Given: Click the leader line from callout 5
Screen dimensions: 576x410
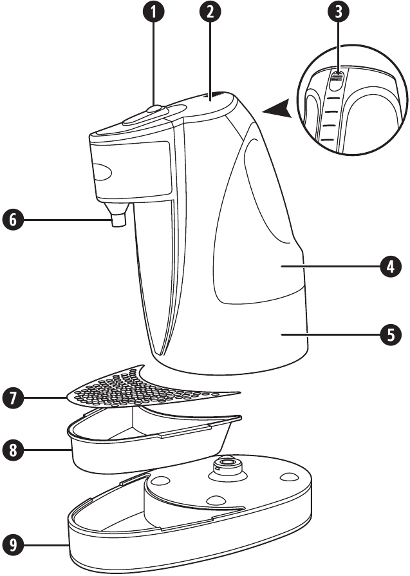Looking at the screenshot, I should [341, 334].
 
